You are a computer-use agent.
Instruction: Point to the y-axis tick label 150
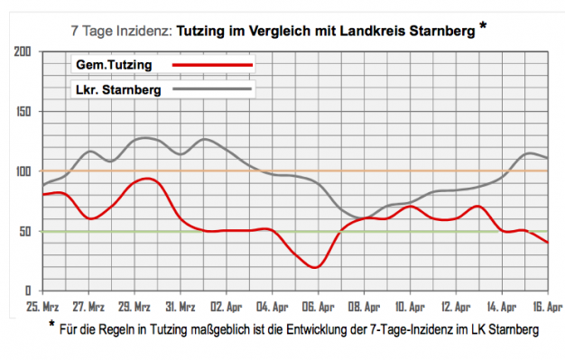(x=24, y=113)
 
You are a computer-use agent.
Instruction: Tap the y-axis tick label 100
(x=24, y=172)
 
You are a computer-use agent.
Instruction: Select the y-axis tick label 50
(x=28, y=232)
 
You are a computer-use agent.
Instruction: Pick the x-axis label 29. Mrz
(x=134, y=306)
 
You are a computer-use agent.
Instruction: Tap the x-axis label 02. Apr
(x=227, y=306)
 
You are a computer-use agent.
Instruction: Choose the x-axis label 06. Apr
(x=320, y=306)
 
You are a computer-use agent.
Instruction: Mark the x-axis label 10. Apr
(x=412, y=306)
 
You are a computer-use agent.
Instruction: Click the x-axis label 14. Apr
(x=504, y=306)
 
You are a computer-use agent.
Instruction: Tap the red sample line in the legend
(x=212, y=66)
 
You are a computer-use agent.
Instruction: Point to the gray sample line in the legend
(x=212, y=90)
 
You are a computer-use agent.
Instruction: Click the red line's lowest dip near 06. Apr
(x=314, y=267)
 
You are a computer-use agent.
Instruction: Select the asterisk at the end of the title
(x=484, y=25)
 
